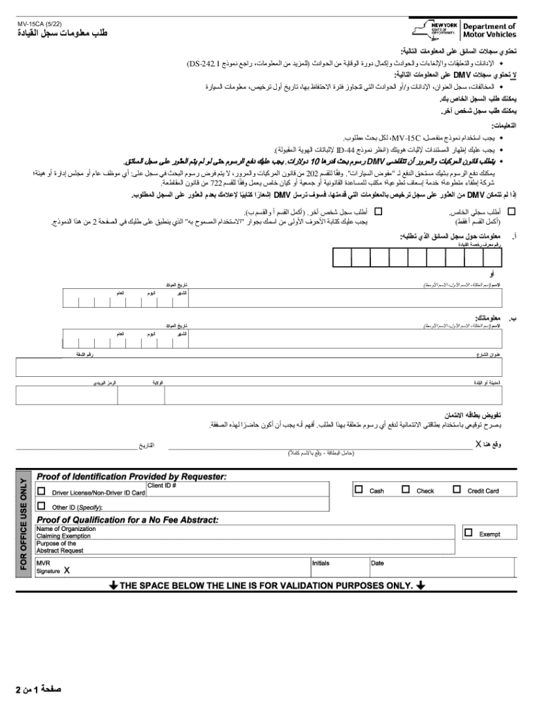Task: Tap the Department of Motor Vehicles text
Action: point(489,30)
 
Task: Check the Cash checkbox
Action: point(359,490)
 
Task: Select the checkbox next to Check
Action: point(405,490)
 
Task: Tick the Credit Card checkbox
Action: point(456,490)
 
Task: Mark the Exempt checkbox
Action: point(469,532)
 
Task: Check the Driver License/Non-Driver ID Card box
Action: point(42,492)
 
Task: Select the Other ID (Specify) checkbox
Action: point(42,506)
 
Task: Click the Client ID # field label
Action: point(162,485)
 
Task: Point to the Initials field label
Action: point(320,563)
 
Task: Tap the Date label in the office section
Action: point(377,563)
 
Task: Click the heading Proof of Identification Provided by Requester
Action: point(132,476)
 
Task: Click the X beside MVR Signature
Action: point(66,571)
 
